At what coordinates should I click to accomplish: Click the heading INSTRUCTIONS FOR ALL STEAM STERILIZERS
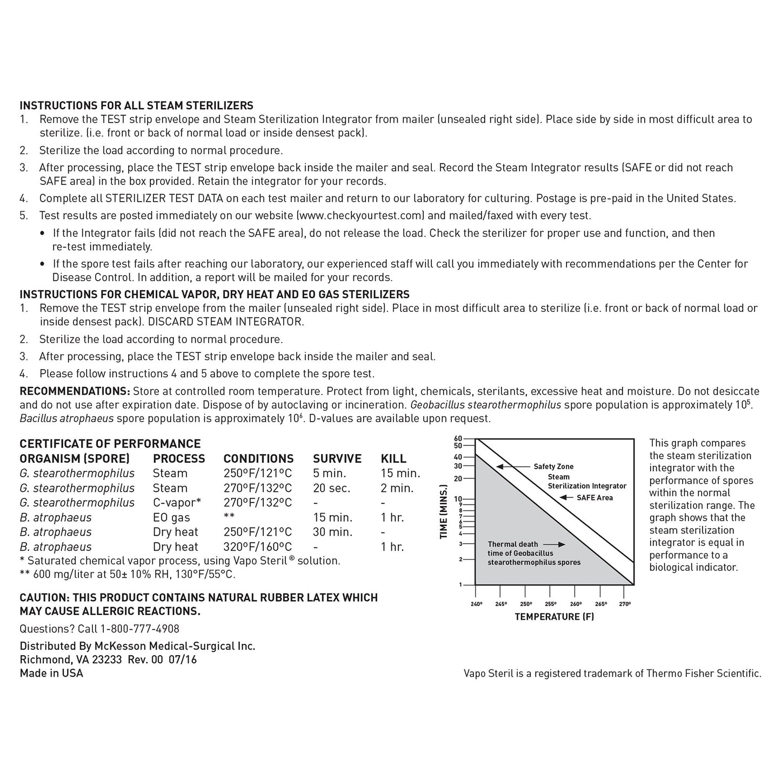(136, 105)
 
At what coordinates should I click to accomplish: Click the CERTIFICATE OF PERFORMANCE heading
(110, 444)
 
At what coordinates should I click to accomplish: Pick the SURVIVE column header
(337, 459)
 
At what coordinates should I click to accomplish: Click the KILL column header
(393, 459)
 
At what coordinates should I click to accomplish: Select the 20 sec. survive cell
(331, 488)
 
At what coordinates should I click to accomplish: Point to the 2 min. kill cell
(397, 488)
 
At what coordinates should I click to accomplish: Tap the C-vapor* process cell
(177, 503)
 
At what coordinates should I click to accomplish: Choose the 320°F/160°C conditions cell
(257, 547)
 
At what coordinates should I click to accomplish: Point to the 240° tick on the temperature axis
(475, 604)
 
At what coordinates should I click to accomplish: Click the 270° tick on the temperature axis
(624, 604)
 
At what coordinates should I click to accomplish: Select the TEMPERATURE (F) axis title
(554, 617)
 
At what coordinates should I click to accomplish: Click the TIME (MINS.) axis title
(444, 512)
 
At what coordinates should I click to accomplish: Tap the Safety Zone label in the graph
(553, 466)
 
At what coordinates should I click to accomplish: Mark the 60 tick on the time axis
(458, 438)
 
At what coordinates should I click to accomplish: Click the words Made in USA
(51, 673)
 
